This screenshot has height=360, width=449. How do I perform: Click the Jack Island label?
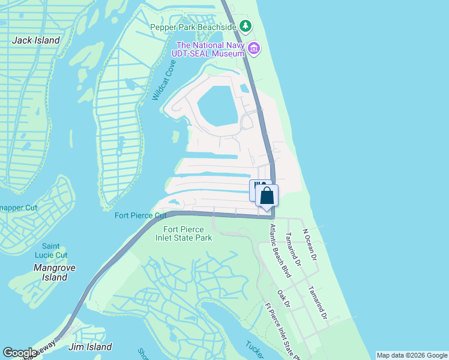coord(37,40)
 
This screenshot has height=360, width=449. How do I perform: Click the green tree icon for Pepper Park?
coord(245,26)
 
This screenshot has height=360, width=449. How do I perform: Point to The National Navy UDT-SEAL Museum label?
coord(210,49)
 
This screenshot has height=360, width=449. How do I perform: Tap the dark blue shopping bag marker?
coord(267,196)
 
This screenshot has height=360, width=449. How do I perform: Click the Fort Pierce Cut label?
coord(140,215)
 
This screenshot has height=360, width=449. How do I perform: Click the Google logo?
coord(20,353)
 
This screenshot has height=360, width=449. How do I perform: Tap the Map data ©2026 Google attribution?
coord(412,355)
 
